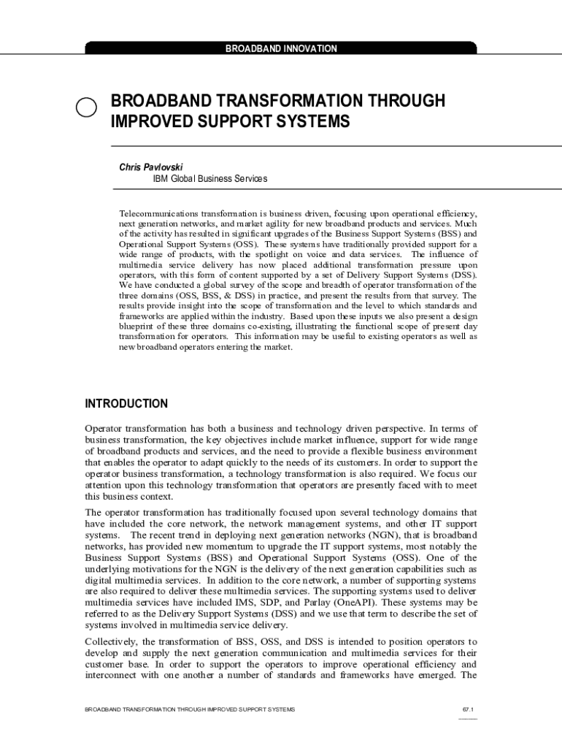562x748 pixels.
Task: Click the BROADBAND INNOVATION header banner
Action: point(281,49)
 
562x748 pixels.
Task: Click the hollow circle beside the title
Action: point(86,107)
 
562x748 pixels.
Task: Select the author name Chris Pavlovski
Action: point(151,167)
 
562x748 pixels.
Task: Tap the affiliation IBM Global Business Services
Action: point(209,179)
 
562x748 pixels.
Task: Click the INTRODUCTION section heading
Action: point(126,404)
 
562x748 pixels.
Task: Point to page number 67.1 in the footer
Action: point(468,710)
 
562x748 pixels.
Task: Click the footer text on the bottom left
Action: point(190,710)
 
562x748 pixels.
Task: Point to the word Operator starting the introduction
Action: point(104,429)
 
